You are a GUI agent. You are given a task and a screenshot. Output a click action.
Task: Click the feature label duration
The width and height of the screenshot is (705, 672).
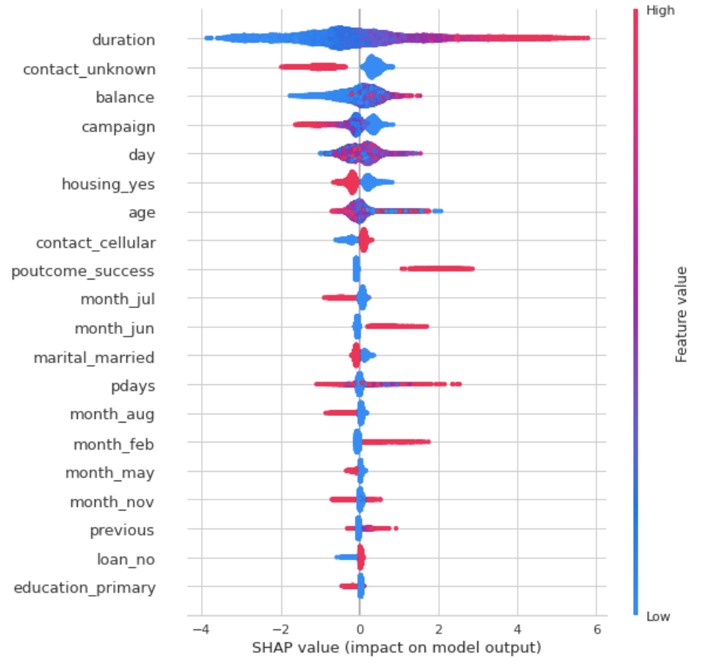pos(123,40)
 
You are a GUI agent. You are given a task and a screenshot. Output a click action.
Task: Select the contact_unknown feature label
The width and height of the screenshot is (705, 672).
pos(89,70)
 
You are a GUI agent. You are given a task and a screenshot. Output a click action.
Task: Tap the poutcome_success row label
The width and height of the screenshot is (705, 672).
pos(83,271)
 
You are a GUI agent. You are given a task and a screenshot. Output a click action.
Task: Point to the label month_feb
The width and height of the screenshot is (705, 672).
pos(114,444)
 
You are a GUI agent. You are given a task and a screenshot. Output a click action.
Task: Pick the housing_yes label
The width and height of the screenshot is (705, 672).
pos(108,184)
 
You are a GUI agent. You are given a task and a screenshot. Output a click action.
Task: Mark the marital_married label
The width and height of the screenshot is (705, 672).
pos(94,358)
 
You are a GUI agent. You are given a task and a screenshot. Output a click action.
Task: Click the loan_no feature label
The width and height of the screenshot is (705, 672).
pos(126,560)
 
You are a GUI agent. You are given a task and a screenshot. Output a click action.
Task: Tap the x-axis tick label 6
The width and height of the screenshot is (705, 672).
pos(596,630)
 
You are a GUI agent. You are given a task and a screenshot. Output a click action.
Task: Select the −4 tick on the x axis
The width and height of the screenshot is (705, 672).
pos(198,630)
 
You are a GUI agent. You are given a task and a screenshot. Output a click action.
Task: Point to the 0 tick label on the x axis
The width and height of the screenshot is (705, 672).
pos(359,630)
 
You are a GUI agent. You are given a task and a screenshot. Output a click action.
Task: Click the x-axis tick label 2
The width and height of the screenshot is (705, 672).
pos(438,630)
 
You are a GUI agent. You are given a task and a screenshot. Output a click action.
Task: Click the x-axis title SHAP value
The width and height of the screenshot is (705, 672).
pos(397,648)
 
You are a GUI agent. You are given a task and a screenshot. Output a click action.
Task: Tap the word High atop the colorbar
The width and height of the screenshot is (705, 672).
pos(659,11)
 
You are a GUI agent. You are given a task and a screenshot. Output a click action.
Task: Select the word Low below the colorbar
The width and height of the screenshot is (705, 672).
pos(658,617)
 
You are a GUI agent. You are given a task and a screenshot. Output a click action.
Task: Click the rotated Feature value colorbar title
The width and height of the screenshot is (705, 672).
pos(681,314)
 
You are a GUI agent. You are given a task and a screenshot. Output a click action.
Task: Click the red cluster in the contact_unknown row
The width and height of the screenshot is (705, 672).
pos(312,67)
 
